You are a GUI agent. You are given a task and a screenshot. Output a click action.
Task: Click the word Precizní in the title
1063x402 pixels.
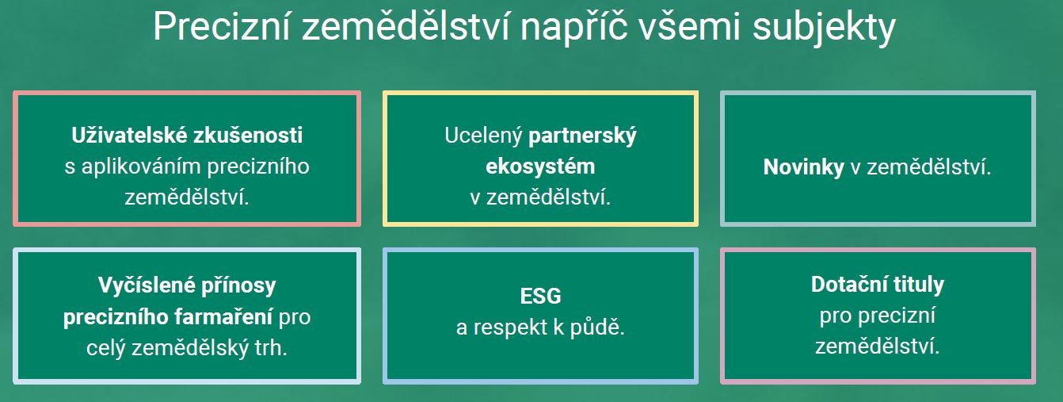click(x=221, y=27)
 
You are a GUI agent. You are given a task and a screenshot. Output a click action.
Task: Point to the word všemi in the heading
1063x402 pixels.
click(x=690, y=27)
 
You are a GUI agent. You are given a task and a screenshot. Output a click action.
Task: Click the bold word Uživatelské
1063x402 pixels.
click(x=129, y=135)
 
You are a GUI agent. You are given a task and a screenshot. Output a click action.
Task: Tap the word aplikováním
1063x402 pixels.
click(x=141, y=167)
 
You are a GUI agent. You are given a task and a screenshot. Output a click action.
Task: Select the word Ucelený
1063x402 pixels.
click(x=483, y=136)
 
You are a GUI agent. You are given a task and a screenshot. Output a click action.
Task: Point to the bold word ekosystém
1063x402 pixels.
click(x=540, y=167)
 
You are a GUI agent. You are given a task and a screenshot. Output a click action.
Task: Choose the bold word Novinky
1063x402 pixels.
click(x=804, y=167)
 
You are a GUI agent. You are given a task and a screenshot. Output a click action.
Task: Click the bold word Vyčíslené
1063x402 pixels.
click(x=147, y=285)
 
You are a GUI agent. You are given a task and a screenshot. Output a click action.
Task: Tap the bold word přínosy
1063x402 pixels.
click(x=238, y=286)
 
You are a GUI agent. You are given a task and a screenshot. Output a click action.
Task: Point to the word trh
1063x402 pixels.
click(x=271, y=348)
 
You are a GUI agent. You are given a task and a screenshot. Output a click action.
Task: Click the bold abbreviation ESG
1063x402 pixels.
click(x=540, y=296)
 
